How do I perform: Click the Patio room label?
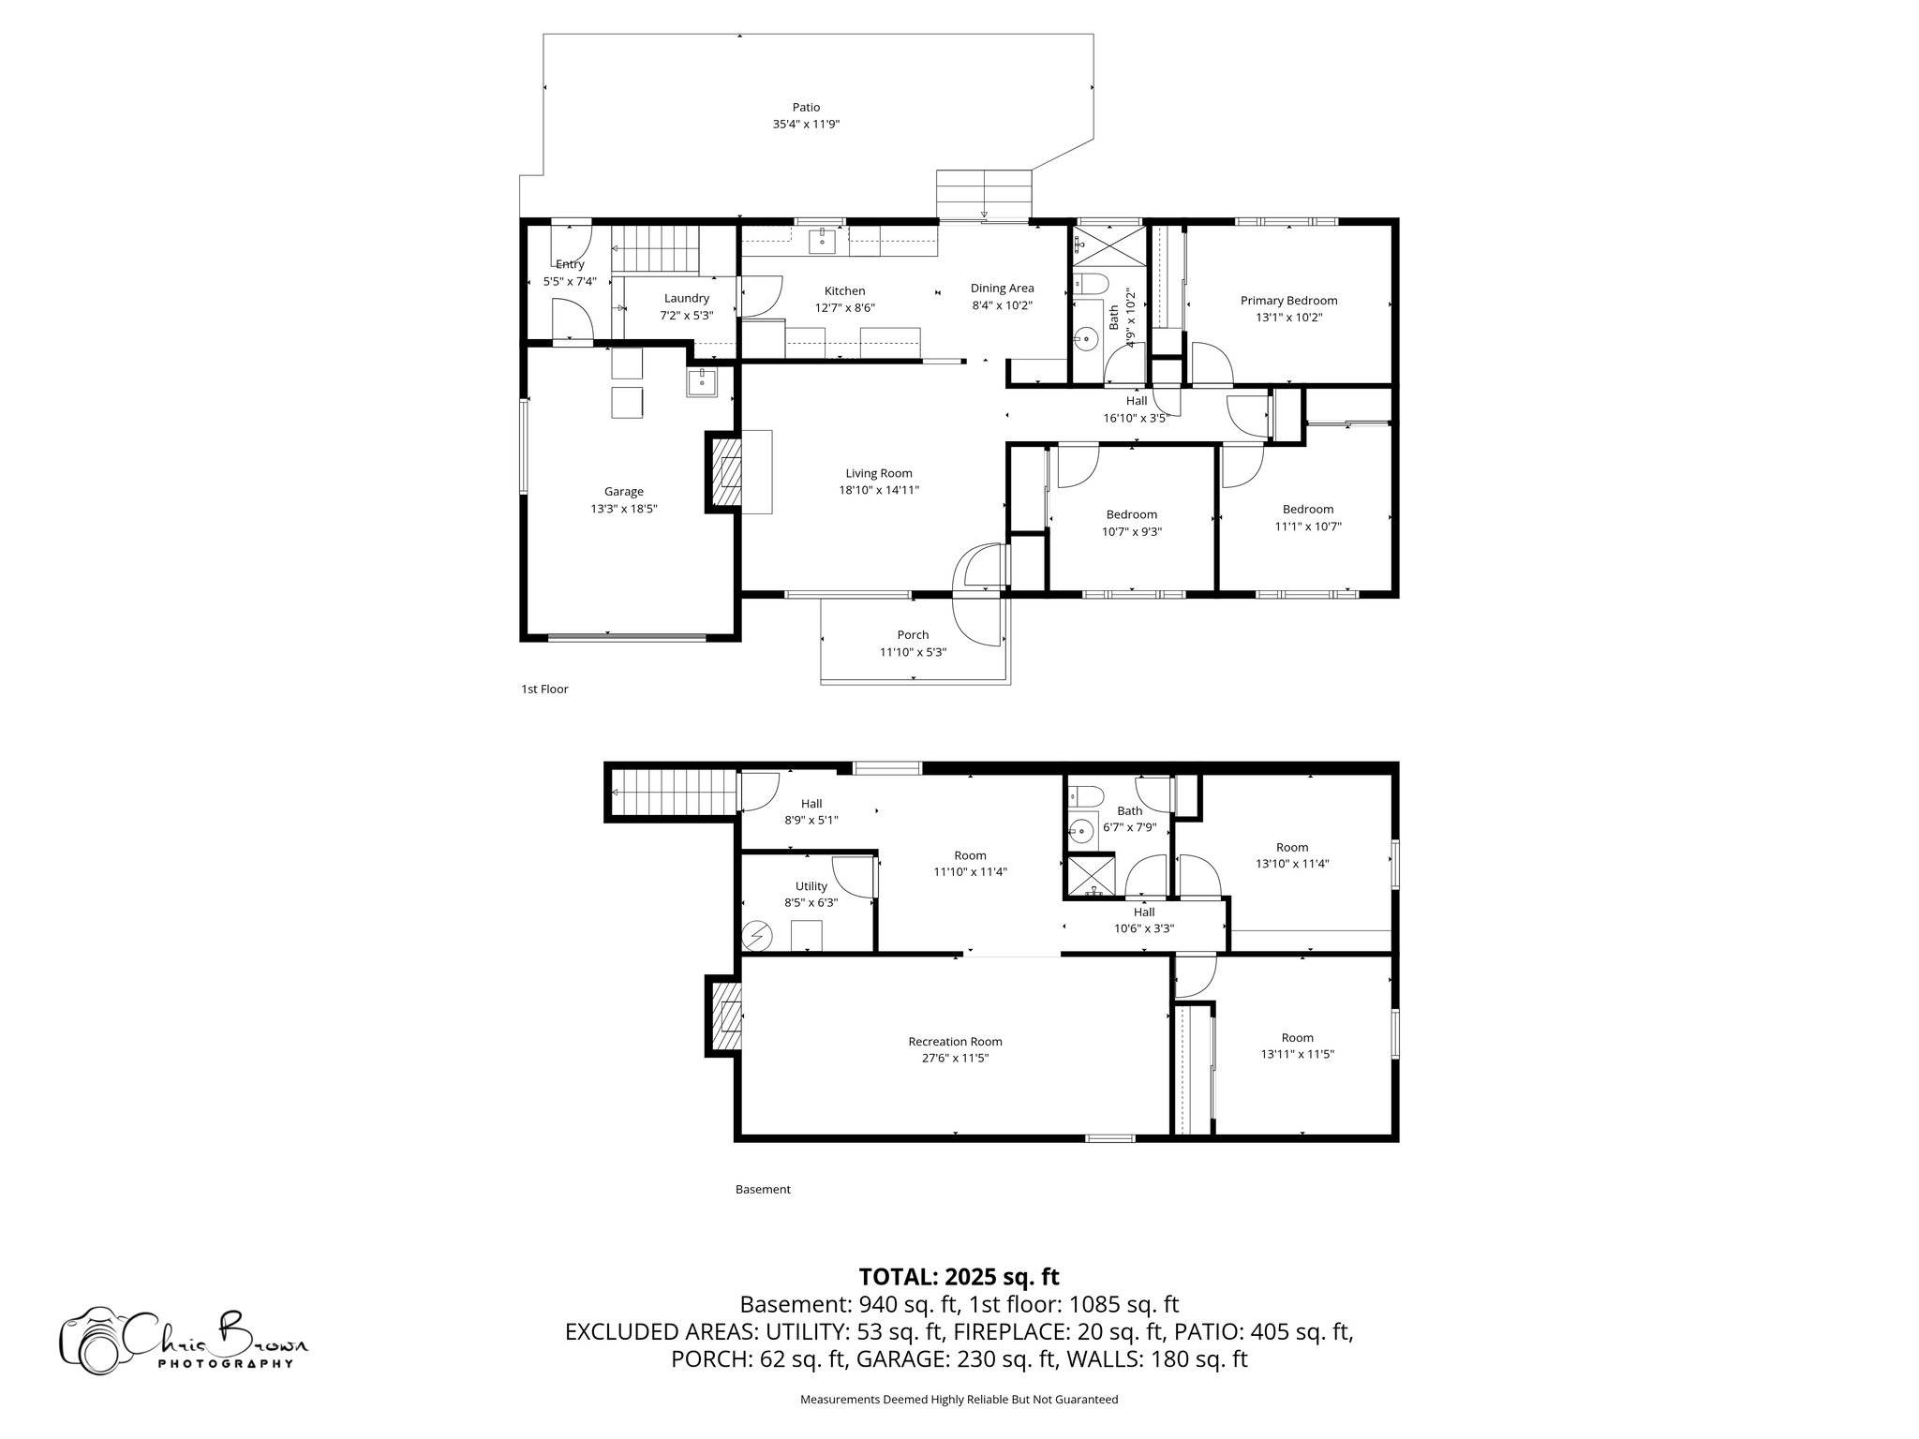pyautogui.click(x=806, y=108)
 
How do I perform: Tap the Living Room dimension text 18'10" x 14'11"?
pyautogui.click(x=878, y=490)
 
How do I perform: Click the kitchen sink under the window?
pyautogui.click(x=822, y=240)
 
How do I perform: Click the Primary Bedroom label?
pyautogui.click(x=1288, y=301)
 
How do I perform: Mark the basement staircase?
pyautogui.click(x=671, y=794)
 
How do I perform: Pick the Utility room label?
pyautogui.click(x=811, y=886)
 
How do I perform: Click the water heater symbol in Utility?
pyautogui.click(x=756, y=935)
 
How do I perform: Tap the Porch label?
pyautogui.click(x=913, y=635)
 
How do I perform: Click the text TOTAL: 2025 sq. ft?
pyautogui.click(x=959, y=1277)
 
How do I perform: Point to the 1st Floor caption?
pyautogui.click(x=544, y=690)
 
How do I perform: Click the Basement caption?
pyautogui.click(x=763, y=1190)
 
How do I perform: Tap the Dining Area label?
pyautogui.click(x=1002, y=289)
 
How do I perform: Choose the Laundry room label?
pyautogui.click(x=687, y=299)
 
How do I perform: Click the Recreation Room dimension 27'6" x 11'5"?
pyautogui.click(x=955, y=1058)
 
